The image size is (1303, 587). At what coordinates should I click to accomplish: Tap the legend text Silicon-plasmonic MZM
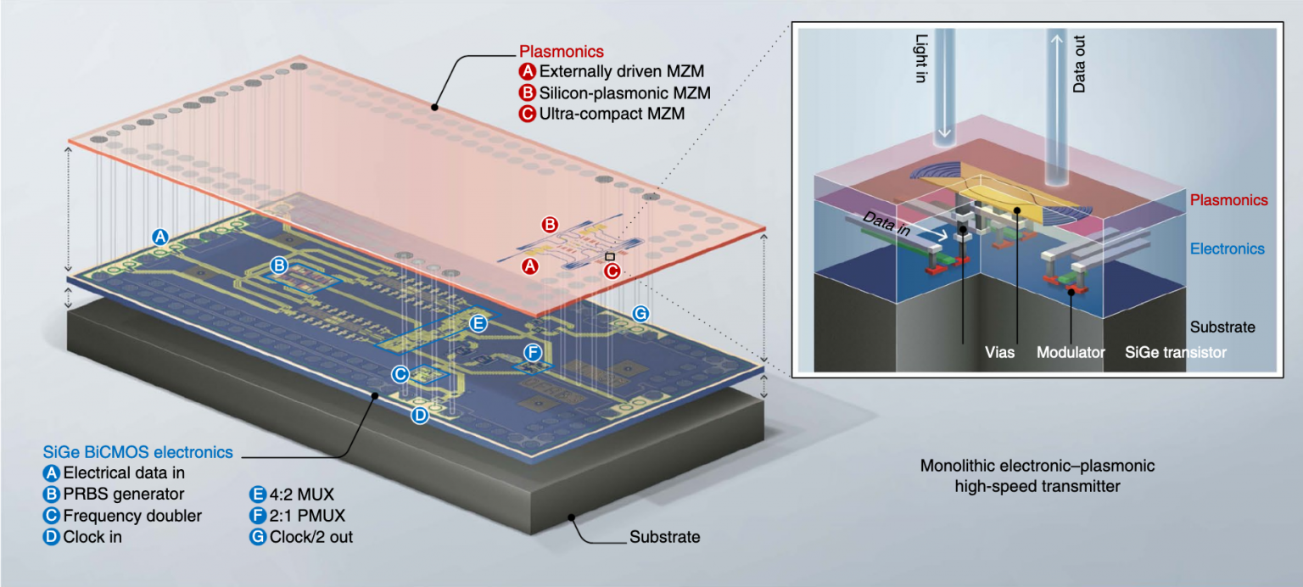tap(624, 92)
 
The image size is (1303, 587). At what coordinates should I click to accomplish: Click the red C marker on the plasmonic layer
tap(612, 271)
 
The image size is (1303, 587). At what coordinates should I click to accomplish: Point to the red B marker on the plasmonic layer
tap(550, 225)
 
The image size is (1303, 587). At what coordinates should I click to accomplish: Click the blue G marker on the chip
tap(640, 314)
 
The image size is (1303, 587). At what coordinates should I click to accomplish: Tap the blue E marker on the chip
tap(478, 322)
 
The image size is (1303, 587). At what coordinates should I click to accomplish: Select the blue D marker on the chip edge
tap(420, 414)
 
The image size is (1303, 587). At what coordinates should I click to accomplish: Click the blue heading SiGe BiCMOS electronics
tap(137, 452)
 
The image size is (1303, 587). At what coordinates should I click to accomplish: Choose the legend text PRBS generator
tap(124, 494)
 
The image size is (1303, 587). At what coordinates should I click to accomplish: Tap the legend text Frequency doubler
tap(132, 515)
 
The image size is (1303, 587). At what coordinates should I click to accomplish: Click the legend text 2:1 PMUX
tap(307, 515)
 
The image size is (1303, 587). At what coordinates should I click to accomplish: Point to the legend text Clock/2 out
tap(310, 536)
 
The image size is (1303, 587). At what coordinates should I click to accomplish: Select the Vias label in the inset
tap(999, 351)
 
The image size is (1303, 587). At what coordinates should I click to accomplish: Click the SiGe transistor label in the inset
tap(1175, 351)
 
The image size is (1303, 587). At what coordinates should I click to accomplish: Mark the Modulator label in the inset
tap(1071, 351)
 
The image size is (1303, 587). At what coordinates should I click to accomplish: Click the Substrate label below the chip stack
tap(664, 537)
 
